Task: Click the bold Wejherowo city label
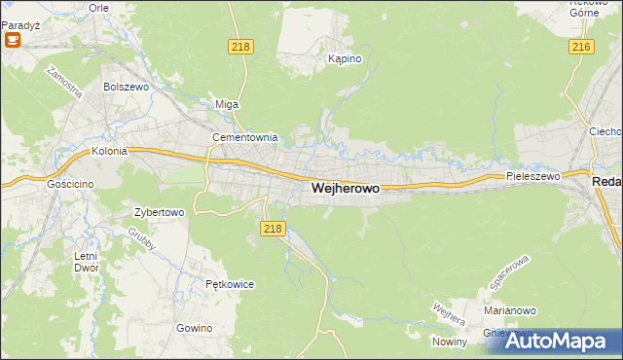345,190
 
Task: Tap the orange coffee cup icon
14,39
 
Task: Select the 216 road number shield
582,47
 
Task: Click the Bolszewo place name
124,87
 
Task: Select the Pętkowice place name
230,284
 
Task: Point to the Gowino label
195,328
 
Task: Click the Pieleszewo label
532,177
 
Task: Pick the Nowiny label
451,342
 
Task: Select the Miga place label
226,104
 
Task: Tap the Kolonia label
110,152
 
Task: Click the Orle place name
98,7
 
